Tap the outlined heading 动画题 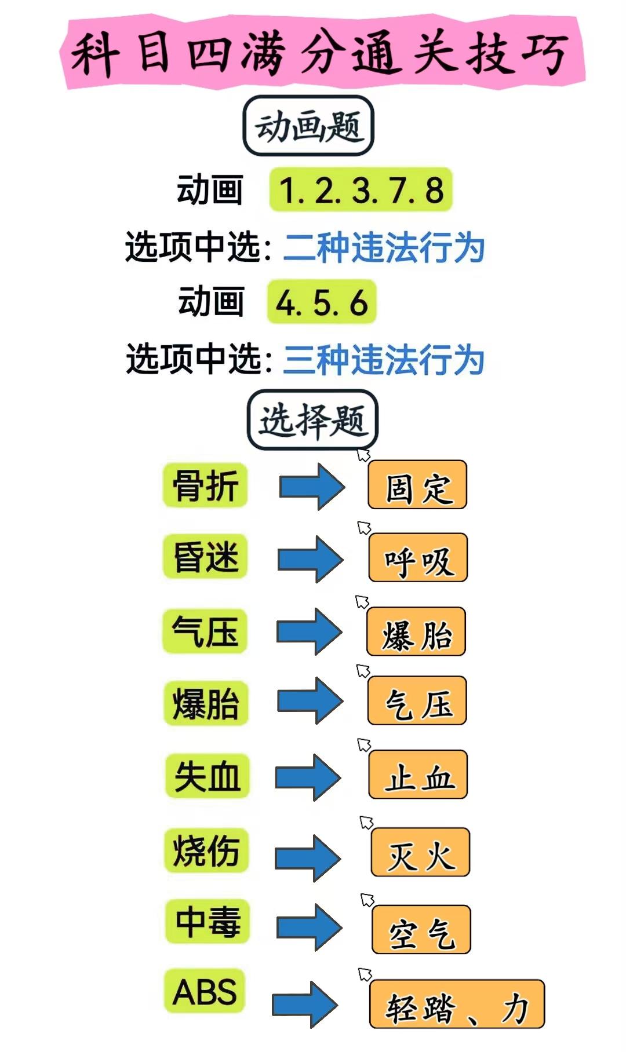point(308,126)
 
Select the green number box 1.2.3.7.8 point(361,190)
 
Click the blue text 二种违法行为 point(384,247)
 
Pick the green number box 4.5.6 point(322,302)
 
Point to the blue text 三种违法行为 point(384,359)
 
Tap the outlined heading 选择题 point(313,420)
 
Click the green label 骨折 point(205,485)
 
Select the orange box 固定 point(417,485)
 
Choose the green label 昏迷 point(205,556)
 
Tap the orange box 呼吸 point(418,557)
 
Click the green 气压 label point(205,631)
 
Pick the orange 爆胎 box point(416,631)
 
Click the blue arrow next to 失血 point(308,777)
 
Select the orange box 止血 point(418,775)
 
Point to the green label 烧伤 point(206,850)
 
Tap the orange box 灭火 point(420,852)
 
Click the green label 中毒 point(208,922)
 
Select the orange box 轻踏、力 point(457,1004)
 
